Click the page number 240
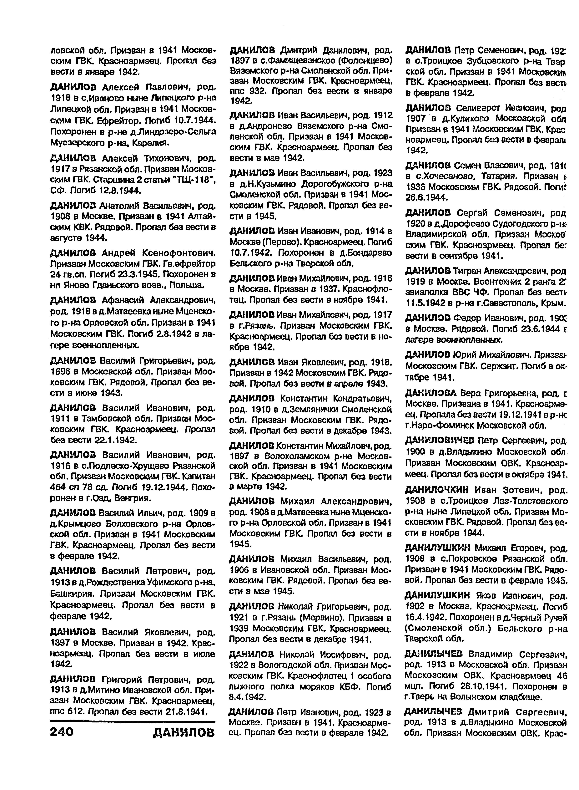click(62, 732)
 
